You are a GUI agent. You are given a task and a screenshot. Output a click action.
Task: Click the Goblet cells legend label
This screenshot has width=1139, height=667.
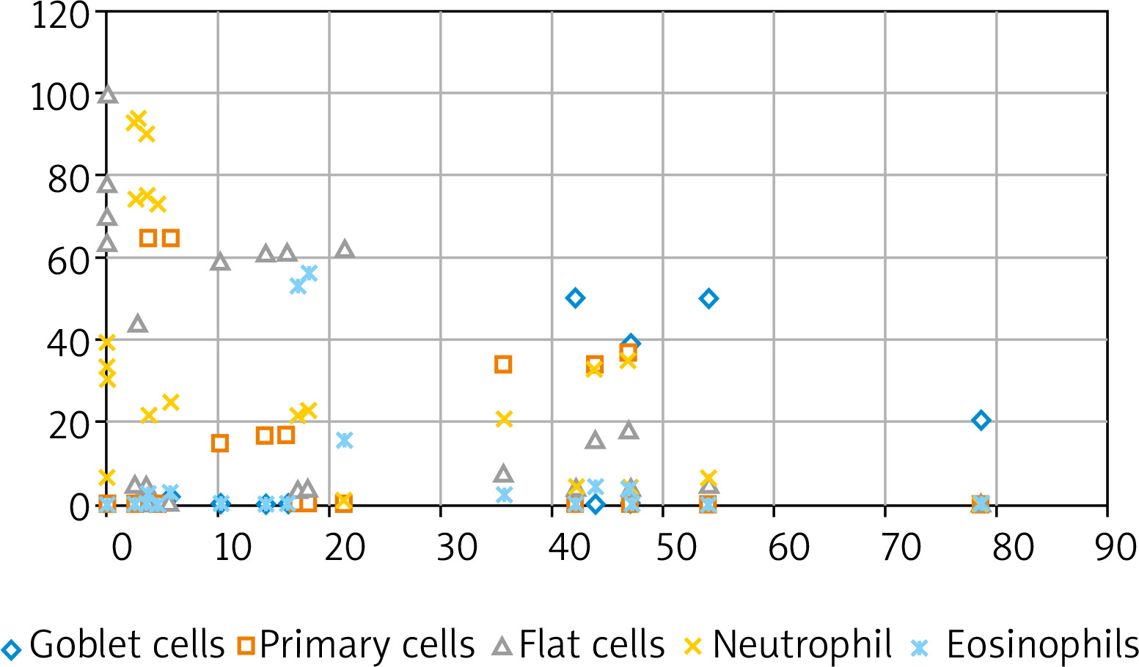click(127, 644)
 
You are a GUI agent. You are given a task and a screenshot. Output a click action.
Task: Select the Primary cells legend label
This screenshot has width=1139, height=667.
click(367, 644)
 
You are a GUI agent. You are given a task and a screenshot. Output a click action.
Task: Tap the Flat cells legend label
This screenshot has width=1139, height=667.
click(592, 644)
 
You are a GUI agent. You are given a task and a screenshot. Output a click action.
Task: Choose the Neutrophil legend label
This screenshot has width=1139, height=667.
click(802, 644)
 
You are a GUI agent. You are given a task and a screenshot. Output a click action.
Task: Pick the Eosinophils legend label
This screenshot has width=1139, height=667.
click(1042, 644)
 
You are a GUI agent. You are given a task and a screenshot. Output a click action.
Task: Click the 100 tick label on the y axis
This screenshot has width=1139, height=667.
click(60, 97)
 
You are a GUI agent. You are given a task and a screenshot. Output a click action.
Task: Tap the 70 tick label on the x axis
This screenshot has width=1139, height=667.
click(900, 547)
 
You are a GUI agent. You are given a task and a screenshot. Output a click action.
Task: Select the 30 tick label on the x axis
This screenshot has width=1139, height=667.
click(456, 547)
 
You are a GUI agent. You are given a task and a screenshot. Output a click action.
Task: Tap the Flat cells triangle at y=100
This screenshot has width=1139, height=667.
click(108, 95)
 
